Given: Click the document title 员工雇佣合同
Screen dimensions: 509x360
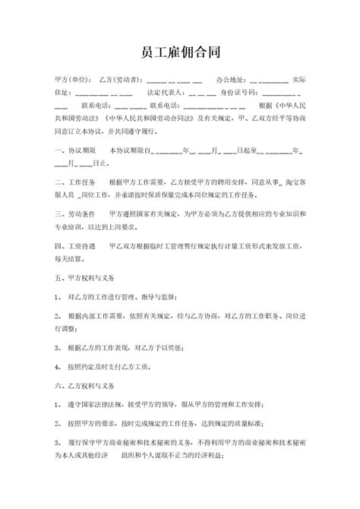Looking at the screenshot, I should click(x=180, y=51).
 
